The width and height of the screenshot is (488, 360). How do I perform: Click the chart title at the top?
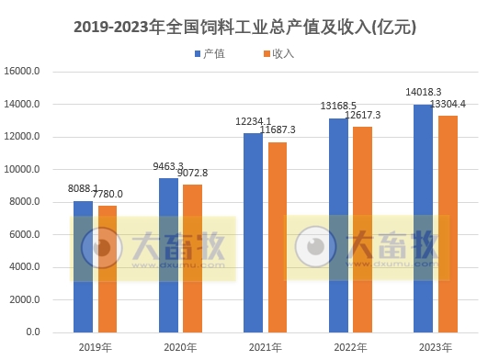pyautogui.click(x=244, y=28)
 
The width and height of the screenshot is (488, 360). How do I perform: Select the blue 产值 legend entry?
pyautogui.click(x=210, y=54)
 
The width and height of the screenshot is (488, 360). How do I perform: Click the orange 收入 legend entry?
pyautogui.click(x=278, y=54)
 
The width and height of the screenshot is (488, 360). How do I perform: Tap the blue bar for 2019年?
pyautogui.click(x=83, y=266)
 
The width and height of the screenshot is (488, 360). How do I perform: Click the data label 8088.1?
pyautogui.click(x=84, y=189)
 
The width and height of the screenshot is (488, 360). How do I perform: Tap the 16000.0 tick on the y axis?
pyautogui.click(x=23, y=72)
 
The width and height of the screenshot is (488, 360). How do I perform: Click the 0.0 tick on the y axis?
pyautogui.click(x=33, y=332)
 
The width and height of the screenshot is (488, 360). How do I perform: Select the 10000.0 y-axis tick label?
pyautogui.click(x=23, y=170)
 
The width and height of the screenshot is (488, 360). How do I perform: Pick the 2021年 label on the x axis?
pyautogui.click(x=266, y=347)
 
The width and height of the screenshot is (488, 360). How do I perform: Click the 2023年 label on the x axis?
pyautogui.click(x=436, y=347)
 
